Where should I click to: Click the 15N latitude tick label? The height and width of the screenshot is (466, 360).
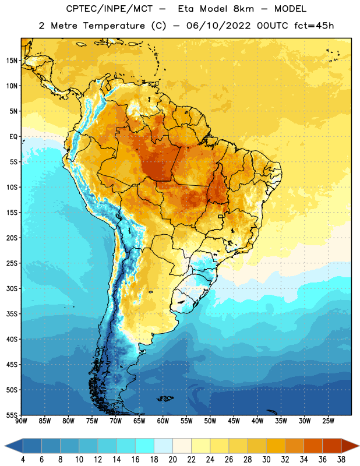[x=12, y=61]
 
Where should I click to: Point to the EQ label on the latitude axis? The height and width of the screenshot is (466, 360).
[x=13, y=137]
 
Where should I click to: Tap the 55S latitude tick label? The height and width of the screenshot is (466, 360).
[x=12, y=415]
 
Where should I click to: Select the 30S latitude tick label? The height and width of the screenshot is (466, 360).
[x=12, y=288]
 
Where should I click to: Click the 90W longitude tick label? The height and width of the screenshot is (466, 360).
[x=21, y=421]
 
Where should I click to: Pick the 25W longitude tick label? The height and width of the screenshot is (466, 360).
[x=328, y=421]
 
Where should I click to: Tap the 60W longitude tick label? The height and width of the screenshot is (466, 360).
[x=163, y=421]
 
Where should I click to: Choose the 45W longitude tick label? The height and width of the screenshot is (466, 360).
[x=234, y=421]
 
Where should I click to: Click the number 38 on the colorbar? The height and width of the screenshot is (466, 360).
[x=341, y=460]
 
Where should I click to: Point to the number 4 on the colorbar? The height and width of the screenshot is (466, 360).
[x=23, y=460]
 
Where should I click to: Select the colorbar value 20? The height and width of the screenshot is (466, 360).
[x=172, y=460]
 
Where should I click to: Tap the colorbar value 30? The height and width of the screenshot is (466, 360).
[x=266, y=460]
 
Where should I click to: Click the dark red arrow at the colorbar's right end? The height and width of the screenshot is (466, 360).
[x=350, y=446]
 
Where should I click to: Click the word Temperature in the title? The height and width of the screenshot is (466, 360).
[x=114, y=26]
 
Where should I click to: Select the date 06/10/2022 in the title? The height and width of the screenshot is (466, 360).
[x=218, y=26]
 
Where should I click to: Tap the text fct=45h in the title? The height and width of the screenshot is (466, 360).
[x=314, y=26]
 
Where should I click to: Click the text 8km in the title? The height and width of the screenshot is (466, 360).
[x=243, y=9]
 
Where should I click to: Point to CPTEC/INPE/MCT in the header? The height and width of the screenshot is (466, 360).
[x=109, y=9]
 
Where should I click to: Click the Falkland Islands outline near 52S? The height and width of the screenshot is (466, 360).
[x=165, y=398]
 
